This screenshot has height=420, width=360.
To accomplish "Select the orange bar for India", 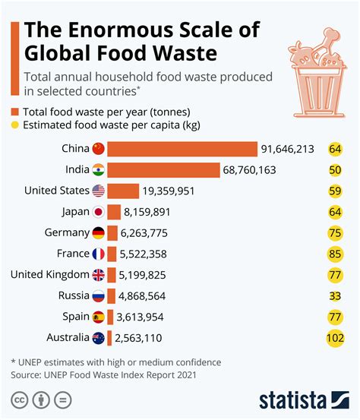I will [x=163, y=170].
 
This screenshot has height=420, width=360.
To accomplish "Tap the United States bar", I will [x=123, y=191].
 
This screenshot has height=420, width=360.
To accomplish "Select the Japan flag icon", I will [x=98, y=212].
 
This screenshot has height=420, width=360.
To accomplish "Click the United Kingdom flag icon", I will [x=98, y=275].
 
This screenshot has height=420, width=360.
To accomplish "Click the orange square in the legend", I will [x=15, y=112].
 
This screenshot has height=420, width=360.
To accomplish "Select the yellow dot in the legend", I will [x=15, y=125].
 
